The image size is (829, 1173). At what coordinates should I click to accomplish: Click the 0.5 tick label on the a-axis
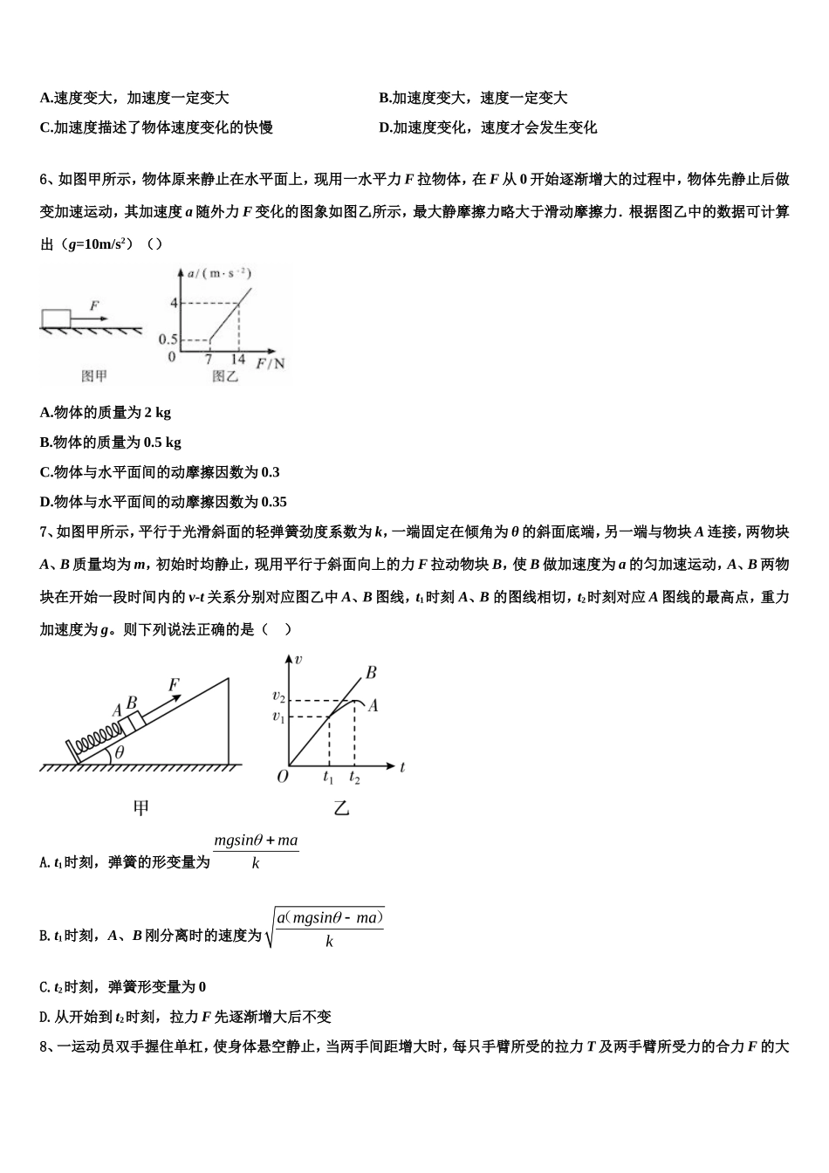[168, 339]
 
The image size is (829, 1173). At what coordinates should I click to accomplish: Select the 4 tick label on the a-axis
[174, 303]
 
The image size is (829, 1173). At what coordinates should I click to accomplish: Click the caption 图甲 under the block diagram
[94, 376]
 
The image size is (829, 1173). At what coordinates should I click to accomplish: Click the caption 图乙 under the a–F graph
[224, 376]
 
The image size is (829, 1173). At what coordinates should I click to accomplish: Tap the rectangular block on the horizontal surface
[56, 317]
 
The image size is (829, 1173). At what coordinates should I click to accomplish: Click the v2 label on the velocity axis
[278, 696]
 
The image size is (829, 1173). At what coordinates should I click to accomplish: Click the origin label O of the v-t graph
[282, 776]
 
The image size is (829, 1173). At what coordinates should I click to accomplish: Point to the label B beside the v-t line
[371, 673]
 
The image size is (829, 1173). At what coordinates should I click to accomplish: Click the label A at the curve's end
[373, 705]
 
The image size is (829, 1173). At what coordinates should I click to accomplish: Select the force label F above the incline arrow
[174, 685]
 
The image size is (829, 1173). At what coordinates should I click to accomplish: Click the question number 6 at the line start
[45, 181]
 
